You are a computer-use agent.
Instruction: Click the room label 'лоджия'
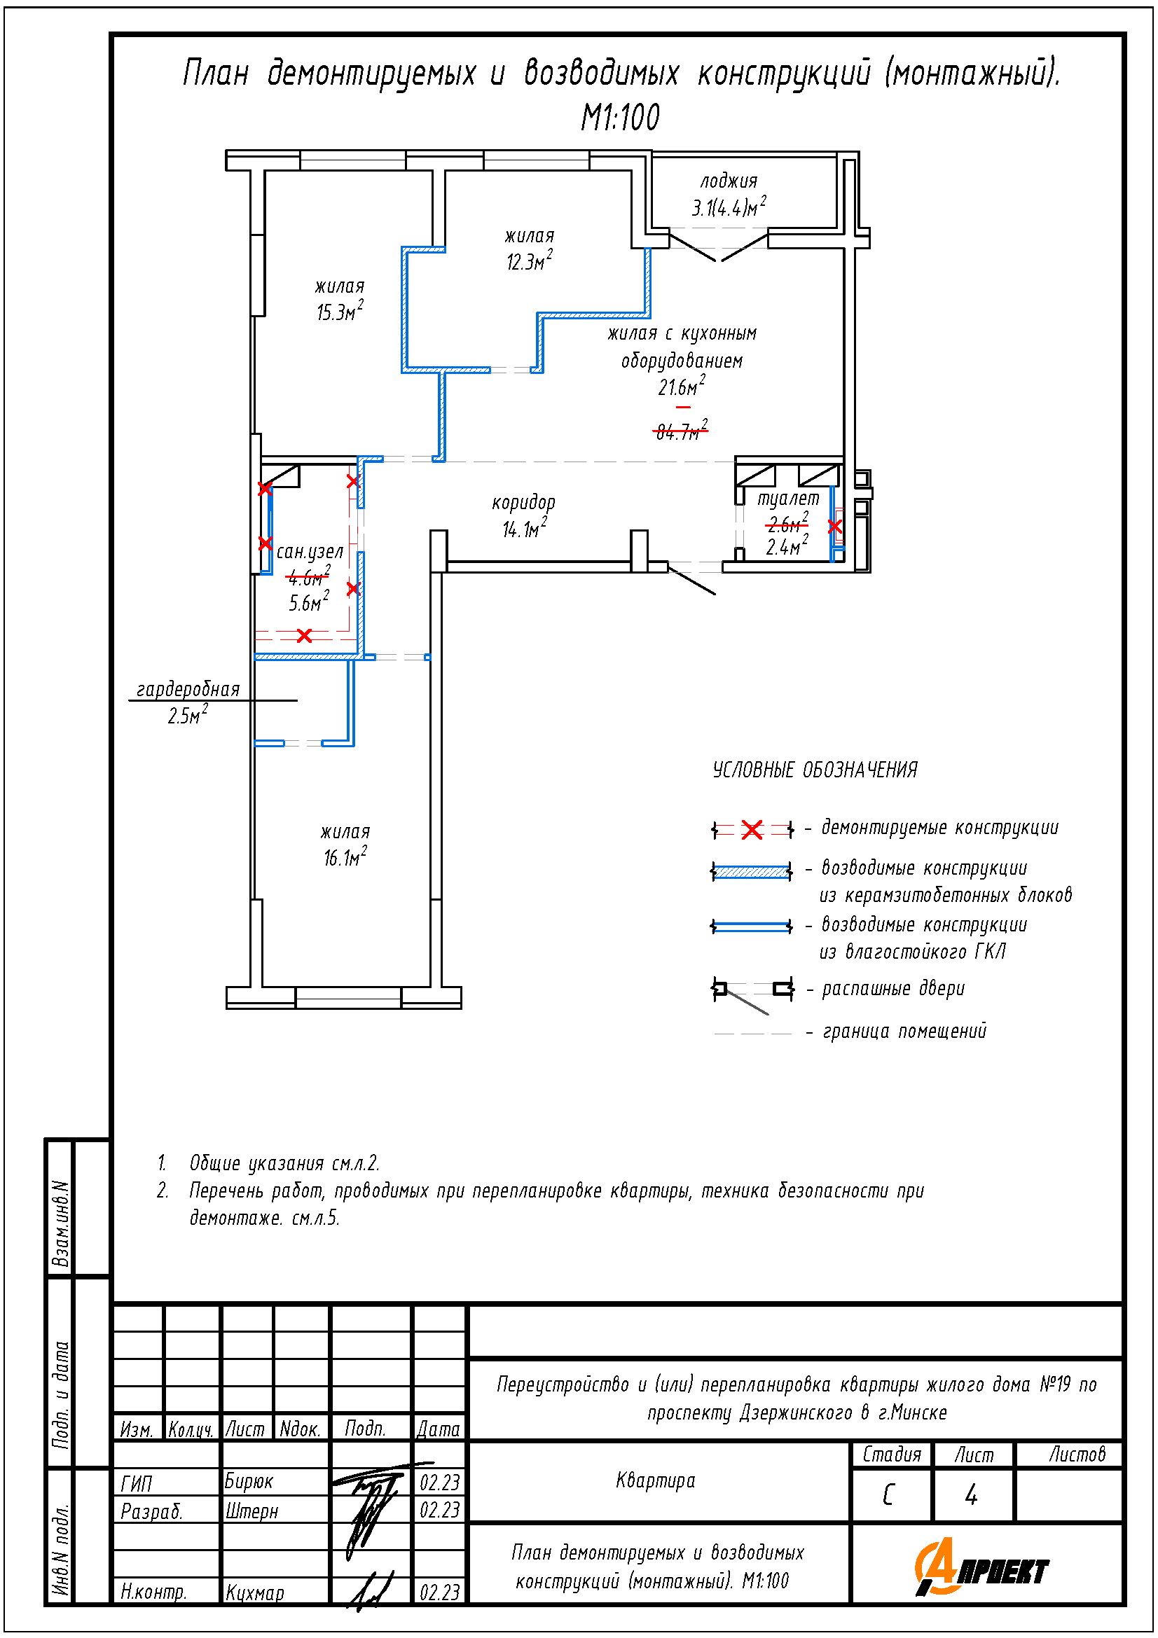(729, 181)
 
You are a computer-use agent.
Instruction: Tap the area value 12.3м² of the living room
(530, 261)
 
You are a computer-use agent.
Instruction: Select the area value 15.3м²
(340, 311)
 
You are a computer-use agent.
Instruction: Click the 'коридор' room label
(524, 503)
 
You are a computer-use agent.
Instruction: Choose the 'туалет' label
(788, 498)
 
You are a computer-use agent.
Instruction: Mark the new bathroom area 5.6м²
(309, 602)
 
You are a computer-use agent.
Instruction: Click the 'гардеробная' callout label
(188, 689)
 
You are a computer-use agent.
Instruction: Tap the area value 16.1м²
(345, 856)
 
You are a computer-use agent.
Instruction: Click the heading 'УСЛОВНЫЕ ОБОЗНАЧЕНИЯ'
(815, 770)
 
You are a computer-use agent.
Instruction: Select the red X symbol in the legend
(752, 830)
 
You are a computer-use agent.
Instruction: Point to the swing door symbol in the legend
(753, 994)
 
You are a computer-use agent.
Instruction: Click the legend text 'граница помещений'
(904, 1032)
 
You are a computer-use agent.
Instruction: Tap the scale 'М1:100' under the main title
(620, 118)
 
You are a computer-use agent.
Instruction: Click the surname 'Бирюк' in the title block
(249, 1481)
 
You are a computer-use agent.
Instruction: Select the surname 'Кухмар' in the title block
(255, 1592)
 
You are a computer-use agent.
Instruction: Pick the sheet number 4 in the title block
(971, 1494)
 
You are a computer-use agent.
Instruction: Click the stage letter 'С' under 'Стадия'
(888, 1494)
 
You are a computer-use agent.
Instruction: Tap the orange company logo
(981, 1567)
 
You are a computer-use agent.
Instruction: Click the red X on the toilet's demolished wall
(835, 527)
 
